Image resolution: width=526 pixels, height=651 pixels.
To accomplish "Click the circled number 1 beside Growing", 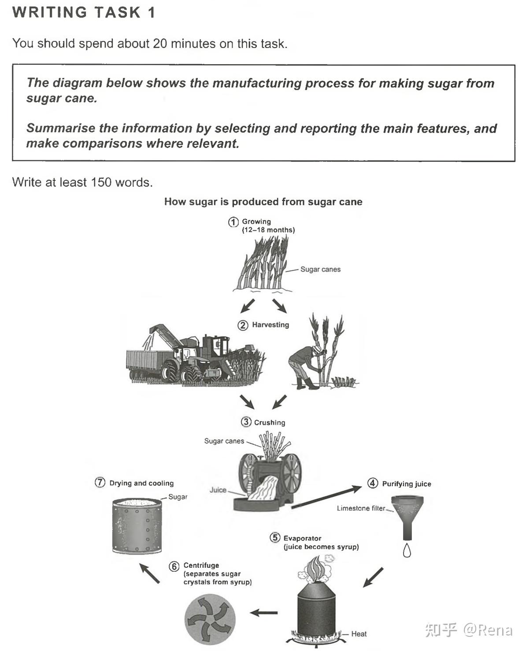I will pos(233,222).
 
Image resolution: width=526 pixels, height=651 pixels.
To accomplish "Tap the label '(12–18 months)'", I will pos(268,230).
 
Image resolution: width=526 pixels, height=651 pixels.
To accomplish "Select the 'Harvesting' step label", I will pos(270,325).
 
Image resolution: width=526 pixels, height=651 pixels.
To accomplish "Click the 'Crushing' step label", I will pos(269,422).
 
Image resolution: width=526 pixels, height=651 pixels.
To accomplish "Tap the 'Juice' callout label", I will pos(218,490).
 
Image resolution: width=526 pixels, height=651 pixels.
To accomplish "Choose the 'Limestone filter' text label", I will pos(361,508).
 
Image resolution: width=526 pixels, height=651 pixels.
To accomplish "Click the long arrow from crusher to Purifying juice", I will pos(326,497).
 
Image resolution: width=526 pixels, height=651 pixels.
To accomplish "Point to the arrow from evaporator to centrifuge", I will pos(264,613).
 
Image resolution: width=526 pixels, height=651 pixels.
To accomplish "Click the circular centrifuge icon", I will pos(210,619).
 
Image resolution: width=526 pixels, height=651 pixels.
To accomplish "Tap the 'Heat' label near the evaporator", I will pos(359,634).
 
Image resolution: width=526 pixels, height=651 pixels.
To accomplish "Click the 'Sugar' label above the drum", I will pos(178,497).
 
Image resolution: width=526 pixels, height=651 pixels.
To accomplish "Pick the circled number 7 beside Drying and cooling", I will pos(100,483).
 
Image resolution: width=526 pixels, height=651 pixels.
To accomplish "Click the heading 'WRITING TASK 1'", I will pos(84,12).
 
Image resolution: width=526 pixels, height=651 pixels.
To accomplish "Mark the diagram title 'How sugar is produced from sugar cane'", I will pos(263,202).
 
